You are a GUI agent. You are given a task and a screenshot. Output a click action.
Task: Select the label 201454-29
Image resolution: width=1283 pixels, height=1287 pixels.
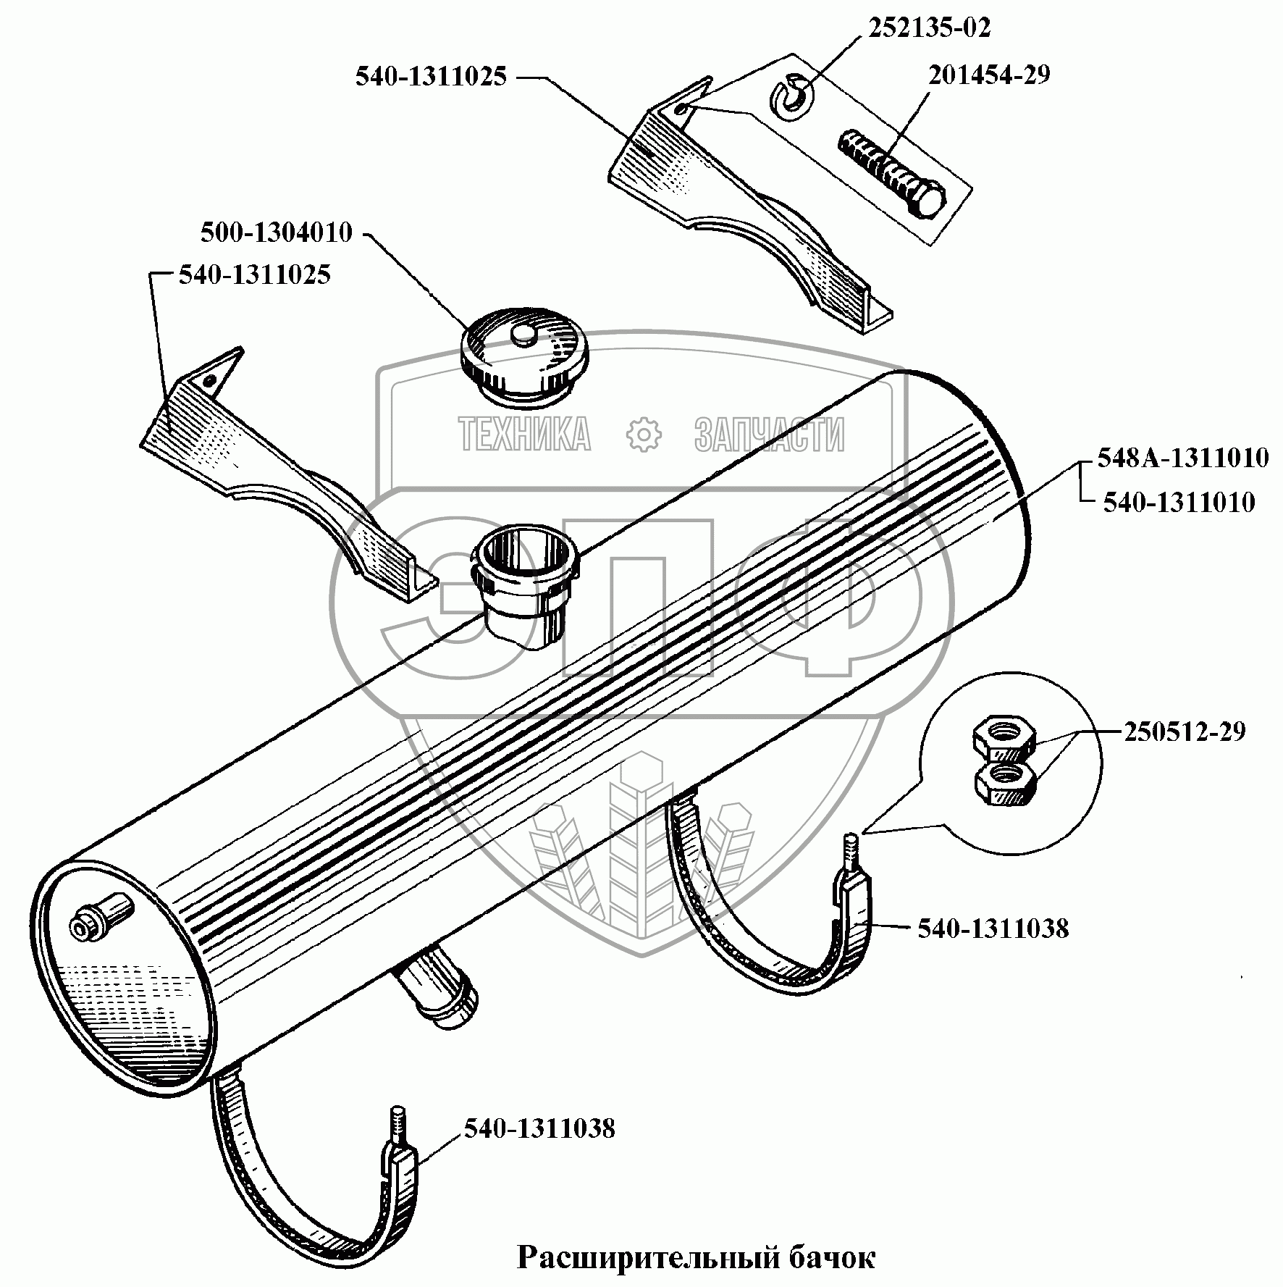[x=989, y=75]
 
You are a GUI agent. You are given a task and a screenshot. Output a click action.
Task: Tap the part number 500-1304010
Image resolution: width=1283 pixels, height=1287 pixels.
[x=276, y=232]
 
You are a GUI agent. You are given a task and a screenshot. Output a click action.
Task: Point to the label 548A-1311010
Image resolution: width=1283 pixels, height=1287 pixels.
[x=1182, y=458]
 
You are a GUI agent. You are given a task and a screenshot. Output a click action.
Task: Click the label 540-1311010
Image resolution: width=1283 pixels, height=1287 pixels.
[x=1178, y=503]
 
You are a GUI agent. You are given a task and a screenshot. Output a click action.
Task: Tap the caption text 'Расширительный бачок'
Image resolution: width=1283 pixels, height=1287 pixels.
[x=696, y=1258]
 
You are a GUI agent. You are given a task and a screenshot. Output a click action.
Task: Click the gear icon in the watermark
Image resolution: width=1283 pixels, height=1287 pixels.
[x=643, y=434]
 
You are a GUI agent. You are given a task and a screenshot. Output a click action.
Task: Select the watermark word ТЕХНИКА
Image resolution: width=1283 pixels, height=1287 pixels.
[x=525, y=435]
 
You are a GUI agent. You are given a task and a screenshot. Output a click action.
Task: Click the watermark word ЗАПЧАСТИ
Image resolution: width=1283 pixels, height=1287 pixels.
[x=769, y=435]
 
